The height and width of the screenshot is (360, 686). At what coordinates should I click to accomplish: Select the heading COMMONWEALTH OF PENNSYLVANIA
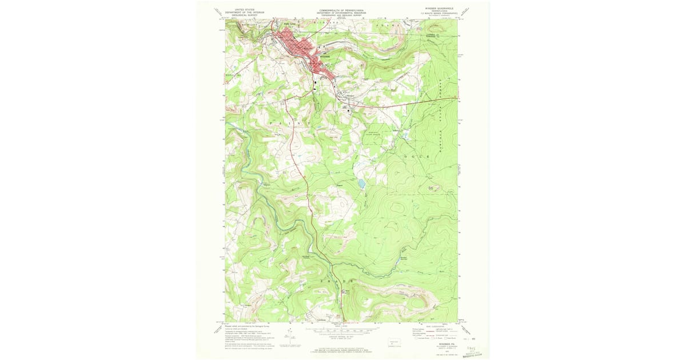pyautogui.click(x=342, y=9)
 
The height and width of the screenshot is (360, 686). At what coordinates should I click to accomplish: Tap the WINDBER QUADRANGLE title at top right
pyautogui.click(x=438, y=9)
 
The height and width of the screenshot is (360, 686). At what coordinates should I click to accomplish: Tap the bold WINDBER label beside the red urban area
pyautogui.click(x=325, y=57)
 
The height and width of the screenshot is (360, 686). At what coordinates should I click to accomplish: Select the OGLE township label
pyautogui.click(x=416, y=155)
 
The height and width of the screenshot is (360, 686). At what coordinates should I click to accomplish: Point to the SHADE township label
pyautogui.click(x=340, y=281)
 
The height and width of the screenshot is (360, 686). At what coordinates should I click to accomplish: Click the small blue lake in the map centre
pyautogui.click(x=361, y=184)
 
